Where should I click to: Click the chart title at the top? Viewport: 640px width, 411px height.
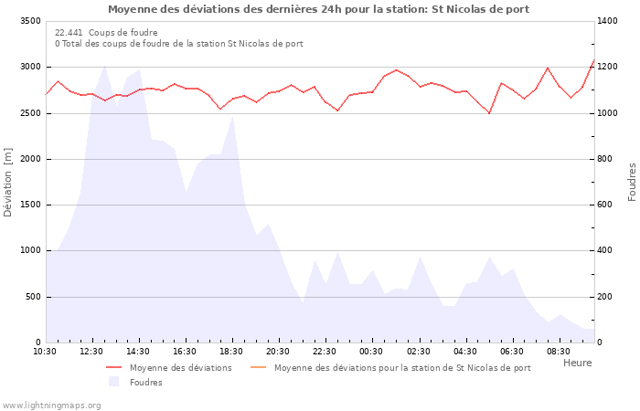pos(318,9)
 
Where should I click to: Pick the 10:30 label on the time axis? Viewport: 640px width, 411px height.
pos(46,352)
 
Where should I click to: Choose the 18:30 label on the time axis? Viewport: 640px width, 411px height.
pos(232,352)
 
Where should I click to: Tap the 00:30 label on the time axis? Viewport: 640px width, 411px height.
pos(372,352)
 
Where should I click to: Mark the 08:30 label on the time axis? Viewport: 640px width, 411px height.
pos(559,352)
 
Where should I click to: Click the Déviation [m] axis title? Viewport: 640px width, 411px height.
pos(8,182)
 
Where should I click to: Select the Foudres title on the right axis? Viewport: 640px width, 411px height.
pos(632,182)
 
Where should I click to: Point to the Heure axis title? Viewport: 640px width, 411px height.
pos(577,363)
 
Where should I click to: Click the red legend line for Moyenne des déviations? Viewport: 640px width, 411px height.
pos(113,368)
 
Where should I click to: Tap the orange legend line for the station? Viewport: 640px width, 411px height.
pos(257,368)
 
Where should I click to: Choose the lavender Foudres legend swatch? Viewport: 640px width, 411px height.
pos(113,382)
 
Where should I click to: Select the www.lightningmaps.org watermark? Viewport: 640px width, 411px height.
pos(51,405)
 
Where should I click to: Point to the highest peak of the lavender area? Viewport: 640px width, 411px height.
pos(104,66)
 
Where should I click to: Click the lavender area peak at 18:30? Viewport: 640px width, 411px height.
pos(233,115)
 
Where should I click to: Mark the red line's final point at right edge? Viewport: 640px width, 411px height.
pos(593,60)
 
